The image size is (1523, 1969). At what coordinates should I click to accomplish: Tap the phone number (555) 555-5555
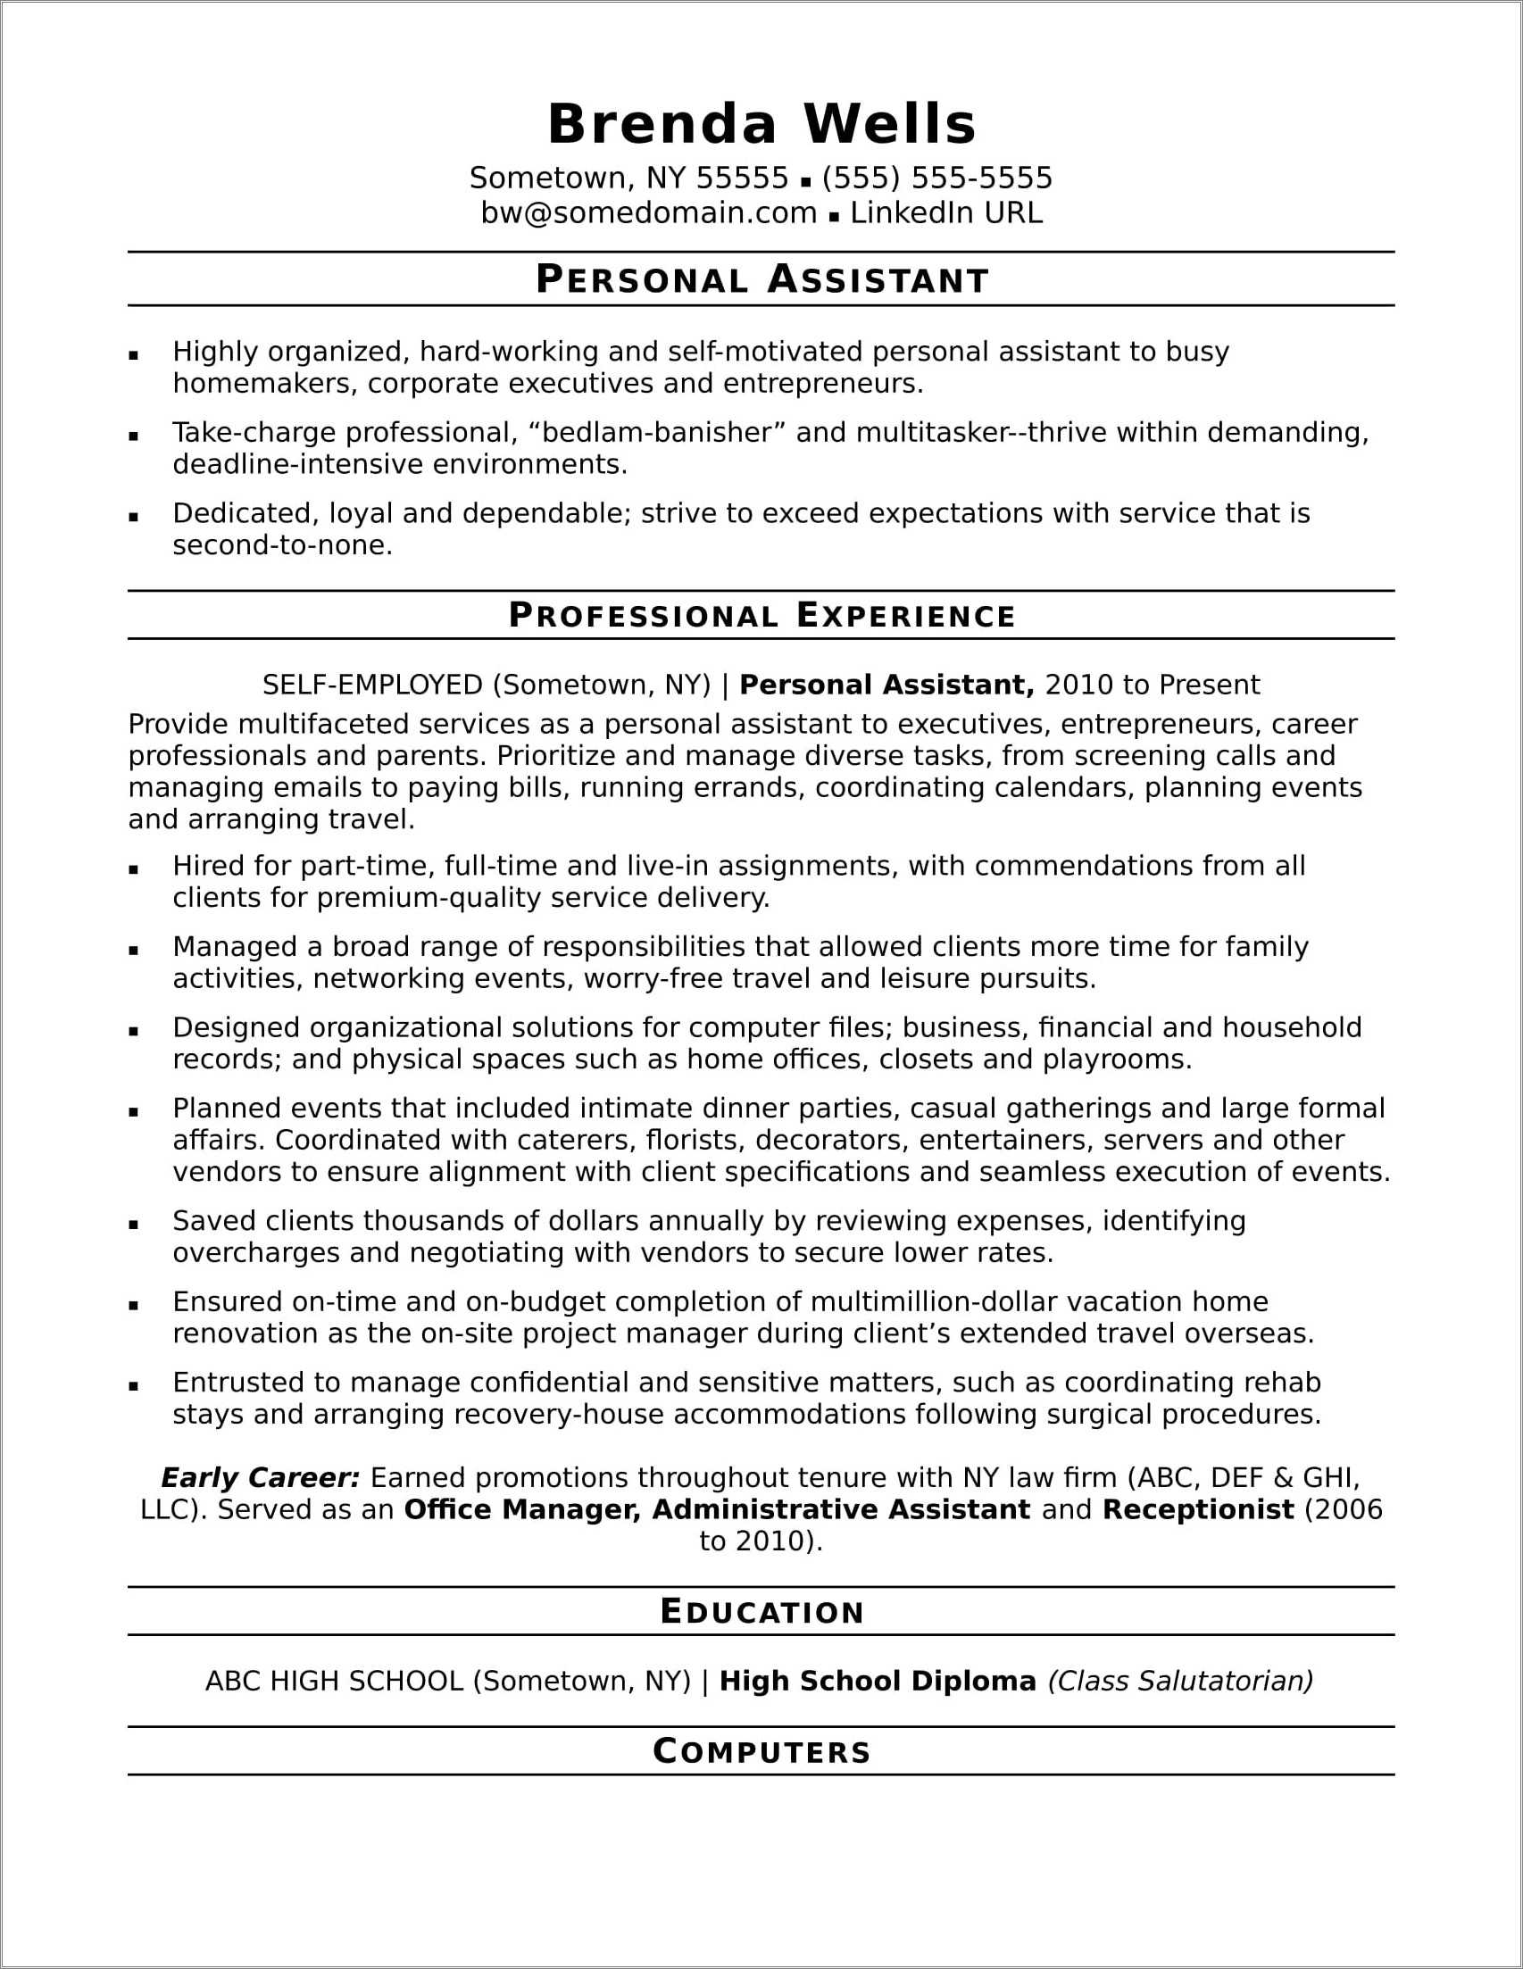pyautogui.click(x=936, y=179)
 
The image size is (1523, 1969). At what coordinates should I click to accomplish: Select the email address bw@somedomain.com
pyautogui.click(x=648, y=212)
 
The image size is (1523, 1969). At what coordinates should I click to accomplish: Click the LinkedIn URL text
pyautogui.click(x=946, y=212)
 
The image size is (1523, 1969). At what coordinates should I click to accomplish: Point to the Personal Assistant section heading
pyautogui.click(x=762, y=280)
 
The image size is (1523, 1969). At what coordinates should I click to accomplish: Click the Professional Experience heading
pyautogui.click(x=762, y=616)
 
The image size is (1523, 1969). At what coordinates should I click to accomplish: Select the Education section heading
pyautogui.click(x=762, y=1612)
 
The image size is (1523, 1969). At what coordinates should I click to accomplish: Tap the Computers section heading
pyautogui.click(x=762, y=1752)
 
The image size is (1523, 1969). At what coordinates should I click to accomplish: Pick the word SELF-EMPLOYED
pyautogui.click(x=372, y=685)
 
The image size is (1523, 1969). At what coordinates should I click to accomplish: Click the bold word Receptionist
pyautogui.click(x=1197, y=1509)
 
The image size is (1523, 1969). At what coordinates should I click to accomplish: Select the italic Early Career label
pyautogui.click(x=260, y=1478)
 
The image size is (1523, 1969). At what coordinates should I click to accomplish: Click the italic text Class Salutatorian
pyautogui.click(x=1179, y=1681)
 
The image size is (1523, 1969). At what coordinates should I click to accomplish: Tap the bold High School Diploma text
pyautogui.click(x=878, y=1681)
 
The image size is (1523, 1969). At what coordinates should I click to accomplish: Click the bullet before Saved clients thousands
pyautogui.click(x=133, y=1225)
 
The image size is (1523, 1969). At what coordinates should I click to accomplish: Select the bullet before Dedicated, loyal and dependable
pyautogui.click(x=133, y=517)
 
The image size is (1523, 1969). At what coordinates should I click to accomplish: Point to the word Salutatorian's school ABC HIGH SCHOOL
pyautogui.click(x=334, y=1681)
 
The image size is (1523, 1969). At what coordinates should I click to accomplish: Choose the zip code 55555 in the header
pyautogui.click(x=742, y=179)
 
